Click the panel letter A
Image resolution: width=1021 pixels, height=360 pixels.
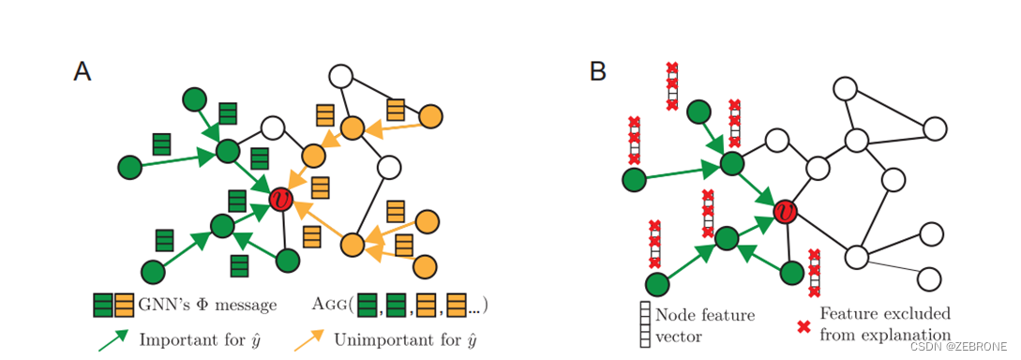83,72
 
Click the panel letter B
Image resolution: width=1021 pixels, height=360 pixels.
598,72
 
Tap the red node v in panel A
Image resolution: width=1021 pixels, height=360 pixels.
280,199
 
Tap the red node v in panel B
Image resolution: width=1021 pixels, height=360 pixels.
786,213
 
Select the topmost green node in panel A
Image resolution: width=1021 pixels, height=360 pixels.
194,98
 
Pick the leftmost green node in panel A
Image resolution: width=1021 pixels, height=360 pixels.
130,168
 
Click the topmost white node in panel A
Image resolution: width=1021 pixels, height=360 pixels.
338,77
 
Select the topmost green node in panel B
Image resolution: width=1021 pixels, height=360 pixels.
699,112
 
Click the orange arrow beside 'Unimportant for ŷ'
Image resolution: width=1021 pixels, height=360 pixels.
310,339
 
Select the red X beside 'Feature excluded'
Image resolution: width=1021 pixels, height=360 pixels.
803,325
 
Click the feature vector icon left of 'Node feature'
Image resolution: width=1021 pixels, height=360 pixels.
645,324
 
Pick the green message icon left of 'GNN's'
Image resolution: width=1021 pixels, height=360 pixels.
103,306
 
